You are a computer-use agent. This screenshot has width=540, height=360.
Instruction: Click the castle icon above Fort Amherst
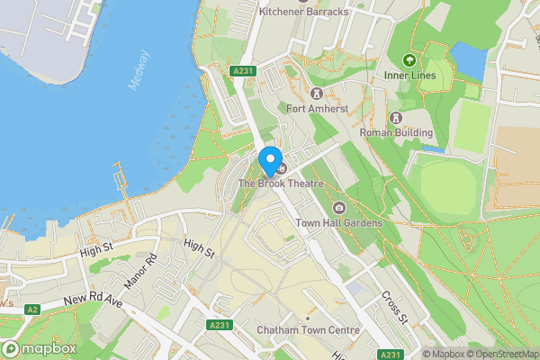point(316,94)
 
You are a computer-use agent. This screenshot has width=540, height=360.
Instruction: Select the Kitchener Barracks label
point(302,13)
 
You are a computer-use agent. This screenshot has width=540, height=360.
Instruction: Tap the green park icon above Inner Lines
point(409,60)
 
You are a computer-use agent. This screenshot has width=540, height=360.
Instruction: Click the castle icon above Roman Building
point(395,118)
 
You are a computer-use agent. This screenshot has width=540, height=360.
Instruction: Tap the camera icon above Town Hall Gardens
point(338,208)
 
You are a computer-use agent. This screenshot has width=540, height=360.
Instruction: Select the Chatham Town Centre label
point(308,330)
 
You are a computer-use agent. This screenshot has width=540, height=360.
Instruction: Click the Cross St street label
point(394,307)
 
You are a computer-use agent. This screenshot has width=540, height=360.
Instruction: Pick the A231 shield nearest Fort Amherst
point(240,69)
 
